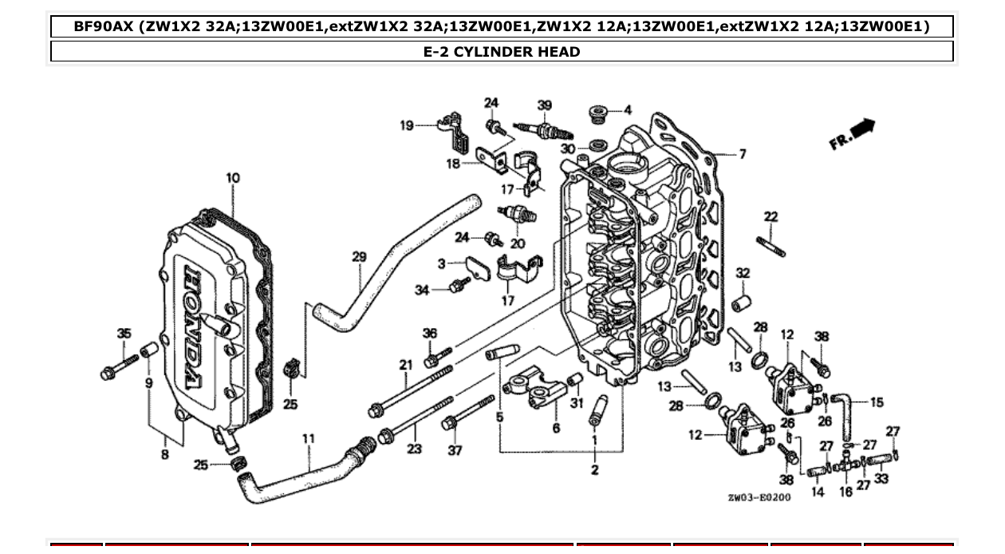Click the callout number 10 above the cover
232,177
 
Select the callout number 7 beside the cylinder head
742,153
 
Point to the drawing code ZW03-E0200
759,497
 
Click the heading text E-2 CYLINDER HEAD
502,52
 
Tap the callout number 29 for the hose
359,256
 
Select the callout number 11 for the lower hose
308,438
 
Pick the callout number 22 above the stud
770,216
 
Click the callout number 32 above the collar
743,273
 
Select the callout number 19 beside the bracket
407,125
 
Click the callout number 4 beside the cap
627,109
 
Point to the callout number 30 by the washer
567,148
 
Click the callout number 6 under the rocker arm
556,428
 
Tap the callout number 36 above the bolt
430,333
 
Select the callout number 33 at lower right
881,479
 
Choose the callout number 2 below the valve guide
595,469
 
